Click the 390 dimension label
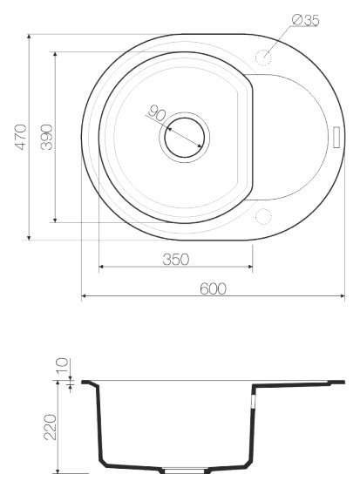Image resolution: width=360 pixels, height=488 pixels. tap(47, 136)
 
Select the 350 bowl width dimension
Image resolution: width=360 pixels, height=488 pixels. tap(176, 259)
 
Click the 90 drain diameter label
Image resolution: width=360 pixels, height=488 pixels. tap(158, 113)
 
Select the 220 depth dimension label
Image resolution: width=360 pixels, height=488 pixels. tap(50, 427)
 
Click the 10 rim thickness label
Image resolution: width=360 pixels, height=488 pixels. tap(62, 366)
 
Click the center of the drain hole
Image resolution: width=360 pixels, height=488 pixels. tap(184, 136)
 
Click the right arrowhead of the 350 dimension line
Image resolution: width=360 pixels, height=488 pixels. tap(250, 267)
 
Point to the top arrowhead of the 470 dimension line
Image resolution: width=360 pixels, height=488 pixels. tap(31, 37)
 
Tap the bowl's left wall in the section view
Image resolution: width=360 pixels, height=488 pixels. tap(98, 427)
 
